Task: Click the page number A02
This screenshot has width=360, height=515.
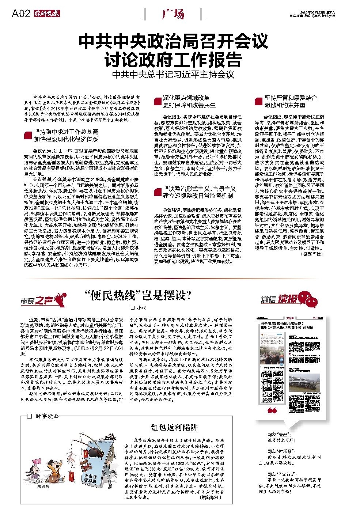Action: [20, 14]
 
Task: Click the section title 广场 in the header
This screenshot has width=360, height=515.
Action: [173, 15]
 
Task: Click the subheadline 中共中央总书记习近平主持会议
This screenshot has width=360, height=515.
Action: [173, 75]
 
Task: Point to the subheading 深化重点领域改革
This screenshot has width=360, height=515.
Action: [186, 98]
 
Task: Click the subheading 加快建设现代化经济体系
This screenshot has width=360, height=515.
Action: [66, 139]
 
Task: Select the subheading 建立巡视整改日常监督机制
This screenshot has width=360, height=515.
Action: [198, 196]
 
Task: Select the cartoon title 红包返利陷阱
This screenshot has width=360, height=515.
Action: [174, 427]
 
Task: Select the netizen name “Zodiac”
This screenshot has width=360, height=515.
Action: [282, 474]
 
